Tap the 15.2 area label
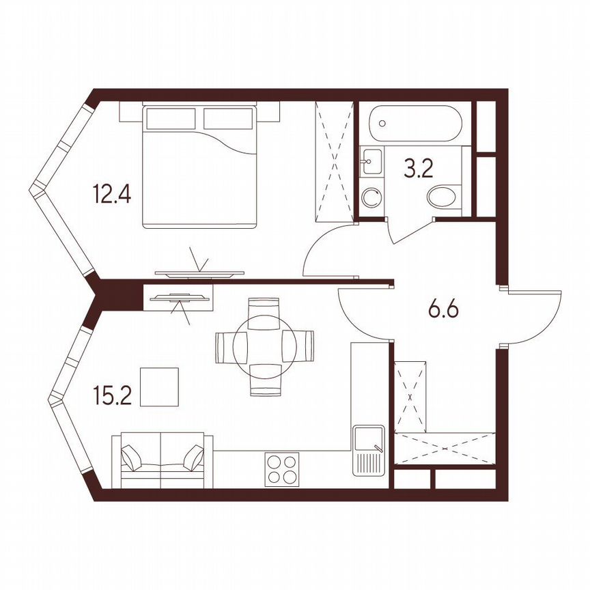coord(111,396)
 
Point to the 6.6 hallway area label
coord(442,311)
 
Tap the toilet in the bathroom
coord(445,198)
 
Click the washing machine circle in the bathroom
coord(372,199)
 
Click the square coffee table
coord(159,387)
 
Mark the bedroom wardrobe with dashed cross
coord(335,160)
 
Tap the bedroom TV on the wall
coord(199,273)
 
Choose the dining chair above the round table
coord(264,308)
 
